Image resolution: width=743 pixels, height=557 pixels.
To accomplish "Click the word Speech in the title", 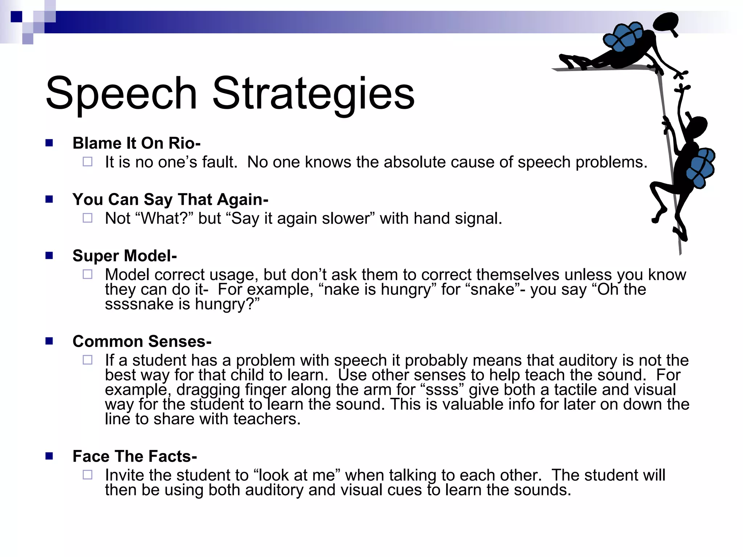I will [122, 93].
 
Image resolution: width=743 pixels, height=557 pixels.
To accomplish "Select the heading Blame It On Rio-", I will [136, 143].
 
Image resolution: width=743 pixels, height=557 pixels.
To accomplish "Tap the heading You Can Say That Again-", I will [170, 199].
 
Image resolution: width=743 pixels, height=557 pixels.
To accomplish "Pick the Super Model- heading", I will [124, 256].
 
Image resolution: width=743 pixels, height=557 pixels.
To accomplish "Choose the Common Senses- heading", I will [142, 342].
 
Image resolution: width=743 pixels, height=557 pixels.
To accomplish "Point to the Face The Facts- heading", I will [135, 456].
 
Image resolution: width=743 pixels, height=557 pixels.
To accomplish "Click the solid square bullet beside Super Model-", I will [49, 256].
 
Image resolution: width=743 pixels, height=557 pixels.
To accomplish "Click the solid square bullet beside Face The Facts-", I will [49, 456].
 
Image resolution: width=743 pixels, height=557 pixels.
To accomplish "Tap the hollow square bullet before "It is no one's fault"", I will [87, 162].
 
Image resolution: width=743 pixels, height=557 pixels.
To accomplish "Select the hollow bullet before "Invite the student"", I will [87, 475].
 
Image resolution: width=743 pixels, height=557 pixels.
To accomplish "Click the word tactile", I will [575, 390].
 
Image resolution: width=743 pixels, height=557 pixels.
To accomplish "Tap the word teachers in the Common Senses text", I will [267, 419].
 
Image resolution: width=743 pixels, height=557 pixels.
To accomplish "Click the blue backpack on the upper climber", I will [623, 36].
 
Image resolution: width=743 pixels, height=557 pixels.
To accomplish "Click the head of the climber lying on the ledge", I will [666, 22].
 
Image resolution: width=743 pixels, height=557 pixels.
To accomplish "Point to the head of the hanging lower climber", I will [697, 127].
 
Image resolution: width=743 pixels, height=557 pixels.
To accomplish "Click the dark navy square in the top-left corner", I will [17, 17].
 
